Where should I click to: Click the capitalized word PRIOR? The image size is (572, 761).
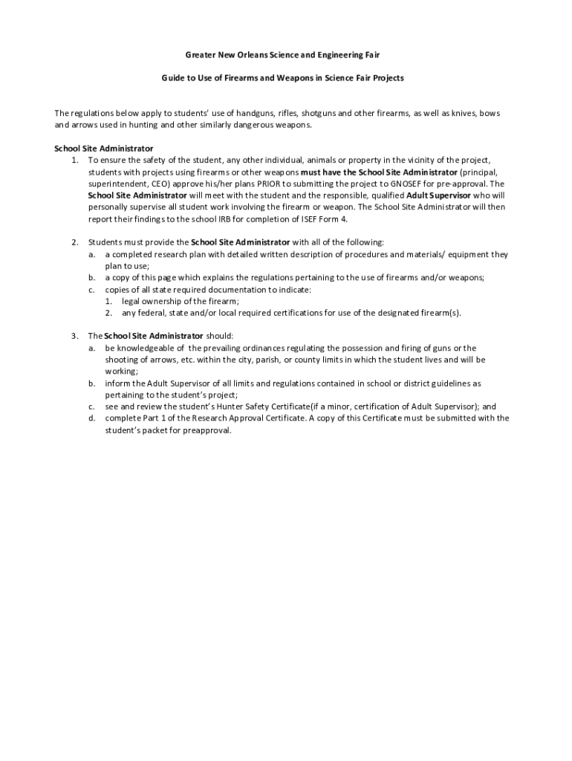coord(270,184)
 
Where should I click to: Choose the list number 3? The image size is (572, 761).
coord(75,336)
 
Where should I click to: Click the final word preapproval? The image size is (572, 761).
coord(207,430)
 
